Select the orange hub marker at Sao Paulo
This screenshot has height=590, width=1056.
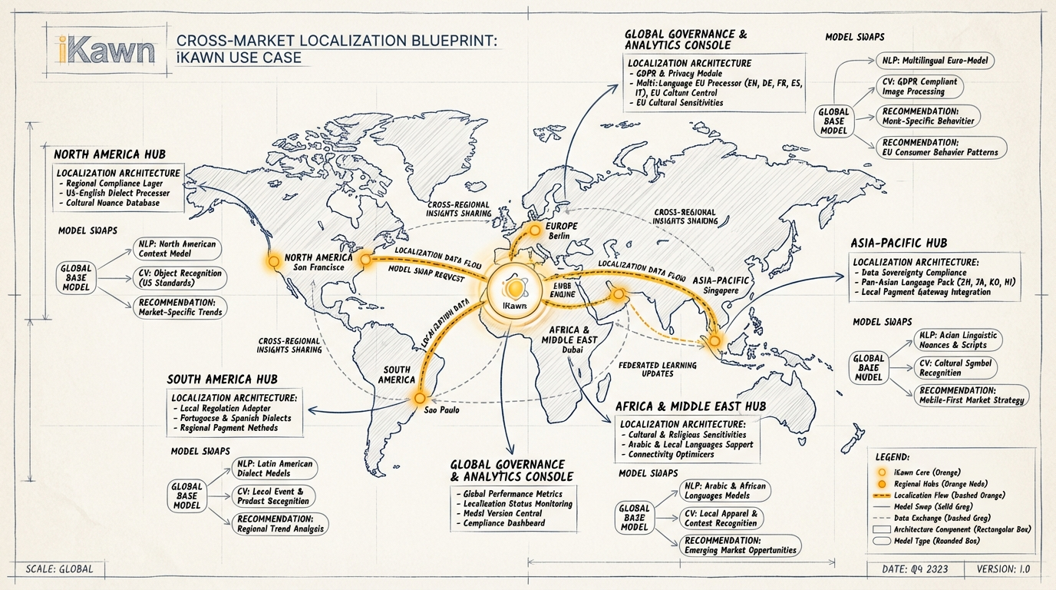[x=419, y=398]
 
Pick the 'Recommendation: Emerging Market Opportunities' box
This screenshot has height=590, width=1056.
[x=741, y=545]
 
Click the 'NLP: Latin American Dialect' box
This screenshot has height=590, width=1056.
[x=274, y=469]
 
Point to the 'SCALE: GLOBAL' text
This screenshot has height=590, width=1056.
[x=59, y=569]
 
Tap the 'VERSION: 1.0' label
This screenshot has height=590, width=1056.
[x=1006, y=569]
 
